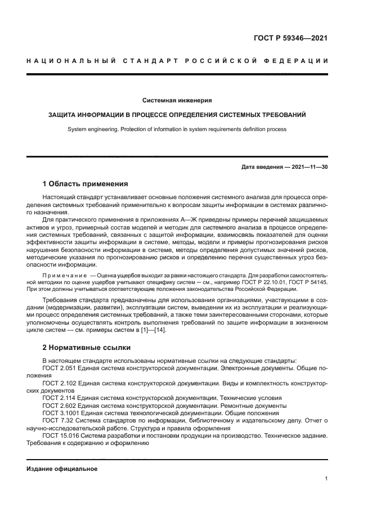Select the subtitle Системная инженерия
[x=177, y=100]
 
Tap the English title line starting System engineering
[x=177, y=129]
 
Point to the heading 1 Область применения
[x=86, y=184]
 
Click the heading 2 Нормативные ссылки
[x=86, y=347]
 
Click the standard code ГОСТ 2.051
[x=59, y=367]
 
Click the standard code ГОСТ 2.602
[x=59, y=405]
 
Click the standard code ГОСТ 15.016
[x=61, y=435]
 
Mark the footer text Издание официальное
[x=62, y=469]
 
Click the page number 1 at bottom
[x=326, y=479]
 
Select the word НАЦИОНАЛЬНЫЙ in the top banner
[x=70, y=61]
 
